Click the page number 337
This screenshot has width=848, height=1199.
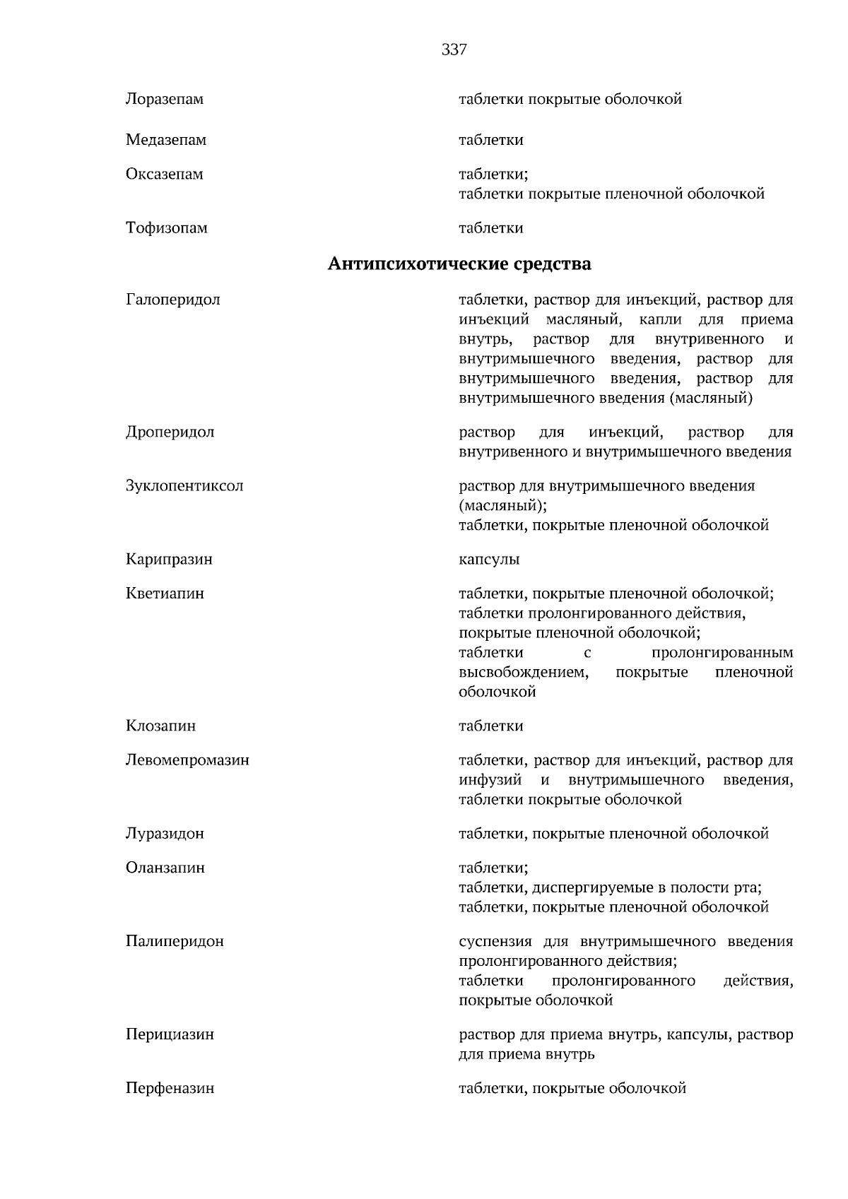(x=454, y=49)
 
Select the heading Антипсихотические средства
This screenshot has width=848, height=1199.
(x=459, y=264)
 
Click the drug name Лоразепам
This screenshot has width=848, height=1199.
(x=165, y=100)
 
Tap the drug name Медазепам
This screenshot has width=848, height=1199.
(x=166, y=140)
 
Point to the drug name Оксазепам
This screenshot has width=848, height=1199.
(x=165, y=175)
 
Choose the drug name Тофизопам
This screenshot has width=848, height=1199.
(x=167, y=228)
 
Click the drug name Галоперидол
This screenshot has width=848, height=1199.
(x=173, y=300)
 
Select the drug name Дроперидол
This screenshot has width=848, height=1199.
(x=170, y=432)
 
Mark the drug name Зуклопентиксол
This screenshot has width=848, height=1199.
(x=184, y=486)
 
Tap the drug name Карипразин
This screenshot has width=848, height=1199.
(x=169, y=560)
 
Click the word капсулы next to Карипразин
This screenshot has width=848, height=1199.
(x=489, y=560)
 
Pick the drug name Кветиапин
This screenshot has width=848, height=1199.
(x=165, y=593)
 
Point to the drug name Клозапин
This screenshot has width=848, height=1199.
(x=160, y=726)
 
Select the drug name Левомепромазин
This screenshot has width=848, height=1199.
(x=187, y=761)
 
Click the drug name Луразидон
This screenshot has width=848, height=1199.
(x=165, y=834)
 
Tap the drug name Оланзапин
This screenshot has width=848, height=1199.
(x=165, y=868)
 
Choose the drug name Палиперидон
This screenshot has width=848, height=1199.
(x=175, y=942)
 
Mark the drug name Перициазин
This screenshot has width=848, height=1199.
(x=170, y=1034)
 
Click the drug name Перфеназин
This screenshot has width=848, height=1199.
(x=170, y=1089)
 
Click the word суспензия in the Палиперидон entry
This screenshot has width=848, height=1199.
(x=495, y=942)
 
